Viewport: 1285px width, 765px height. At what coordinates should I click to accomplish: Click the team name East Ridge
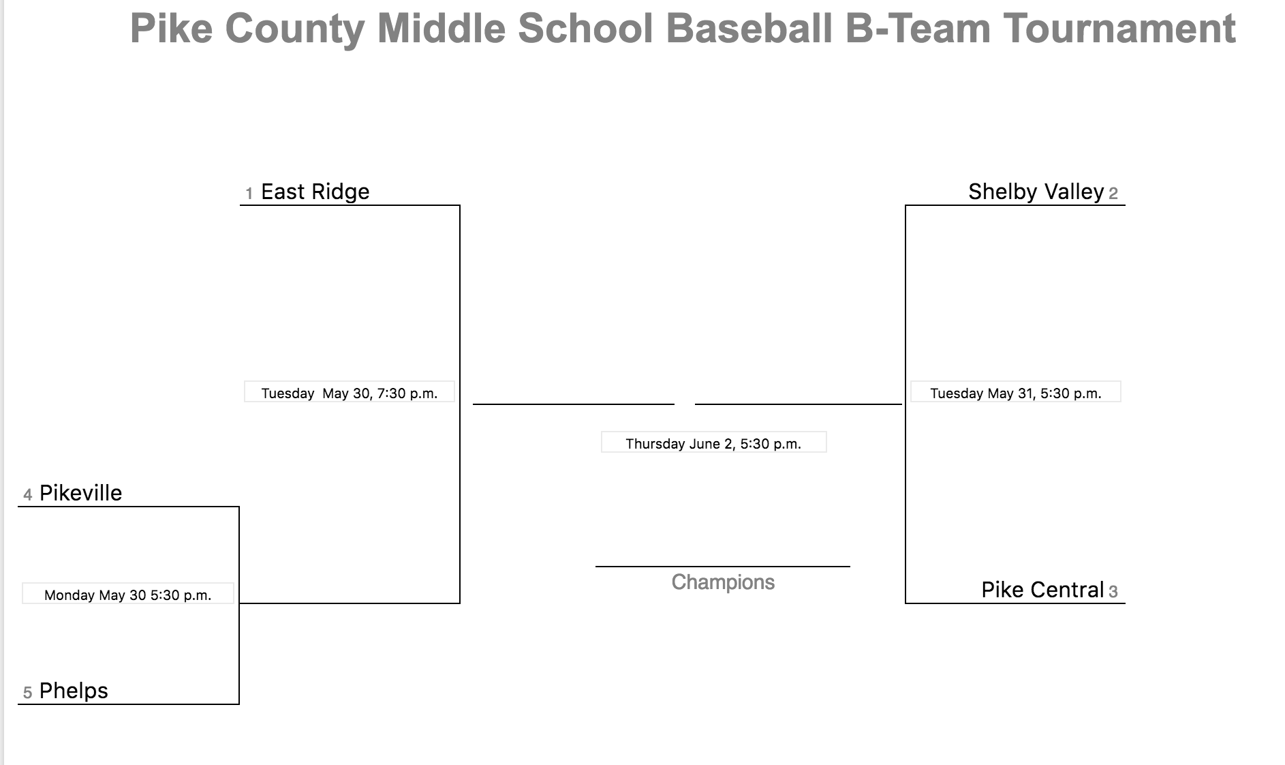pyautogui.click(x=315, y=192)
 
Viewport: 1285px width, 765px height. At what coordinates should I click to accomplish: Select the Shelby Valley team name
pyautogui.click(x=1036, y=192)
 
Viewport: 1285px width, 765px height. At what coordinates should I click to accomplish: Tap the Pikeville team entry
pyautogui.click(x=80, y=493)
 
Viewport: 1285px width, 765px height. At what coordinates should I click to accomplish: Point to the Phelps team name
pyautogui.click(x=74, y=691)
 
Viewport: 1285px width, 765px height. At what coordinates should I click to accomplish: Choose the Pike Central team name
pyautogui.click(x=1042, y=590)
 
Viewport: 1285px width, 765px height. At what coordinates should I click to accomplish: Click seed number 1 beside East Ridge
pyautogui.click(x=249, y=194)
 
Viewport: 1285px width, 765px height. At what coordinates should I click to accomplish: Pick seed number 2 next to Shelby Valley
pyautogui.click(x=1113, y=194)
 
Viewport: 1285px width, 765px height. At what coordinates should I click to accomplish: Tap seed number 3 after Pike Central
pyautogui.click(x=1113, y=592)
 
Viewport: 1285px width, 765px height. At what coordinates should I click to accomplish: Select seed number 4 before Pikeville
pyautogui.click(x=28, y=495)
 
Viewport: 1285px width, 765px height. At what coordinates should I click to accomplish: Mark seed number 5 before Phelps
pyautogui.click(x=28, y=693)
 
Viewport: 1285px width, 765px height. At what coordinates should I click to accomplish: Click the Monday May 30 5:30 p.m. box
pyautogui.click(x=128, y=593)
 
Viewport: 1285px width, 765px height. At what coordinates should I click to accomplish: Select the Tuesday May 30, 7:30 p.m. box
pyautogui.click(x=350, y=391)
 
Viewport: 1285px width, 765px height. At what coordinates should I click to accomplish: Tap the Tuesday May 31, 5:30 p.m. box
pyautogui.click(x=1016, y=391)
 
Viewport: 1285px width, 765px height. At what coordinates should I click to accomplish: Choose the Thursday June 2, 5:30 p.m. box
pyautogui.click(x=714, y=442)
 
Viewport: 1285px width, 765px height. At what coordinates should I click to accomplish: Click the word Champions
pyautogui.click(x=723, y=582)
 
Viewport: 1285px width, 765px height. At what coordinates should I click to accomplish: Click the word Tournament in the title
pyautogui.click(x=1119, y=29)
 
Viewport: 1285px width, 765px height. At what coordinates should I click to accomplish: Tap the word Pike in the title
pyautogui.click(x=172, y=29)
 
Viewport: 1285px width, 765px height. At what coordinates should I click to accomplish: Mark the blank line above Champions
pyautogui.click(x=723, y=567)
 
